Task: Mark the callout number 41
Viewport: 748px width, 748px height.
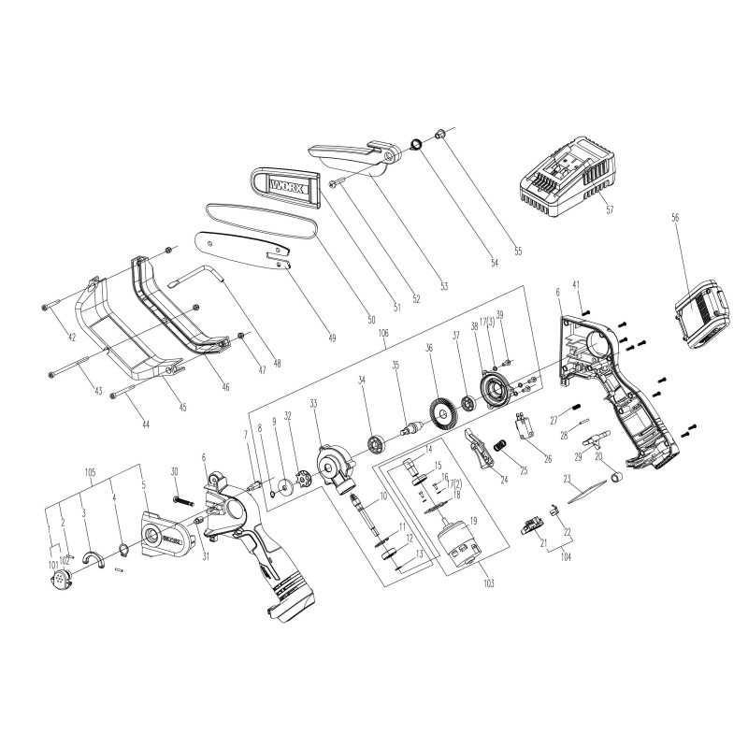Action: tap(576, 285)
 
